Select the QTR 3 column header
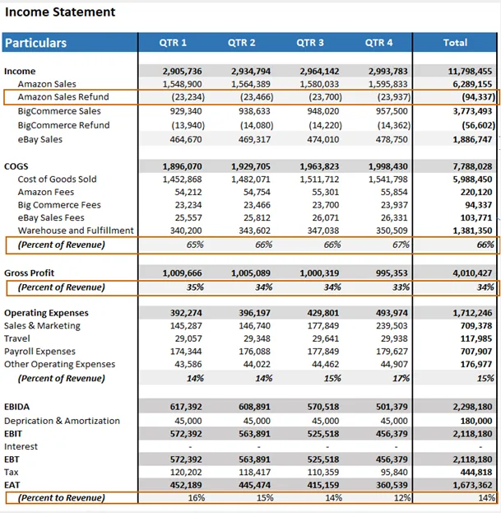click(310, 43)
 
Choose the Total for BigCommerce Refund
click(473, 125)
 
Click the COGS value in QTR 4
click(386, 166)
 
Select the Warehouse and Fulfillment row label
click(76, 231)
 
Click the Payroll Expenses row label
click(39, 352)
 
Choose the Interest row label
click(21, 446)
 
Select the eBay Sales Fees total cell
click(473, 218)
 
